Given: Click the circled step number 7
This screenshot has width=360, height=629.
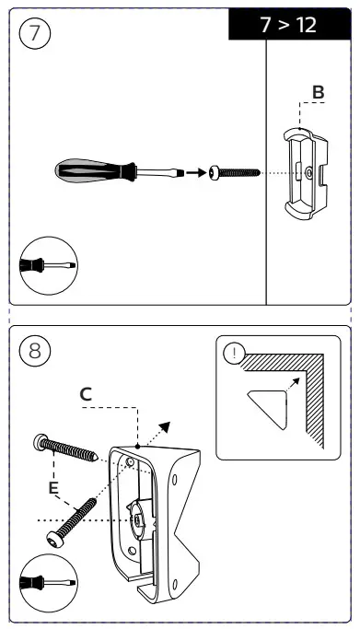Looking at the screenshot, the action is coord(35,33).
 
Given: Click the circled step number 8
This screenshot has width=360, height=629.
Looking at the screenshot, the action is coord(35,351).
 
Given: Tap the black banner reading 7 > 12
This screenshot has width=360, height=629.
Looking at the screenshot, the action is coord(289,25).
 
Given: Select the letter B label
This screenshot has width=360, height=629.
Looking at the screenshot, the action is coord(318,92).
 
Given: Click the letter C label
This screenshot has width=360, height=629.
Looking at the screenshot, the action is coord(86,394).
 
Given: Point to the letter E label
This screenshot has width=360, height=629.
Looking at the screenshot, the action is coord(53,488).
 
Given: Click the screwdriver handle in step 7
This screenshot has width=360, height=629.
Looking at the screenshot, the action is coord(95,170).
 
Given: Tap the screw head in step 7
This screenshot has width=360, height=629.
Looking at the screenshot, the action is coord(214,173).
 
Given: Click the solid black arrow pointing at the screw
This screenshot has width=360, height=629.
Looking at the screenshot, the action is coord(196,173).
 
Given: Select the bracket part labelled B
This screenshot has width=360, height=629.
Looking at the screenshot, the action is coord(306,174).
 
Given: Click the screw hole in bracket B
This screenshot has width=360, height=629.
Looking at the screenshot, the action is coord(308,173).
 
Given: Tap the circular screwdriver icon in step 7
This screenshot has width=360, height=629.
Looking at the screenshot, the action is coord(49,265).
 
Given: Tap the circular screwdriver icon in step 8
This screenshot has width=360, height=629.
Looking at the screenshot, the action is coord(49,583).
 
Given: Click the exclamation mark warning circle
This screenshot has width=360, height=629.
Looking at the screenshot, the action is coord(234,354).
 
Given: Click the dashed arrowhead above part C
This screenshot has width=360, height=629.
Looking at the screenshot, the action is coord(165,427).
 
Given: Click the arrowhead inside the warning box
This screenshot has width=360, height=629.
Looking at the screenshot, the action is coord(296,381).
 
